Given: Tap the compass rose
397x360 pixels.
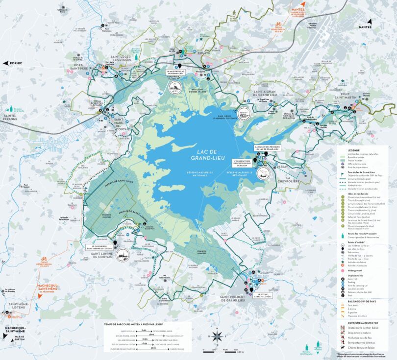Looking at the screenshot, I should pyautogui.click(x=216, y=336).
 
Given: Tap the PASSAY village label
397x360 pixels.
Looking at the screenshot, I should pyautogui.click(x=283, y=167).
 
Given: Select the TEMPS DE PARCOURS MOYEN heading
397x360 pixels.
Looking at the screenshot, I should pyautogui.click(x=132, y=324).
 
